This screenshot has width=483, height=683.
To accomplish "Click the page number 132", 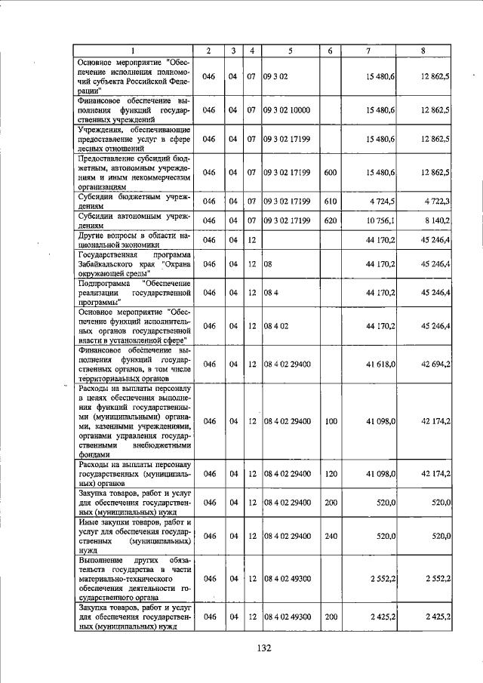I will coord(263,647).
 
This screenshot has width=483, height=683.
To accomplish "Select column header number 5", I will coord(290,51).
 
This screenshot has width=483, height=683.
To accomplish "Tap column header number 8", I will coord(423,51).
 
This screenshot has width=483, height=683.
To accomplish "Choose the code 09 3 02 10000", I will coord(287,110).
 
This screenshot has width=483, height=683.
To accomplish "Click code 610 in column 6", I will coord(330,201).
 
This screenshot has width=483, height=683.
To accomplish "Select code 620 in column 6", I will coord(330,220).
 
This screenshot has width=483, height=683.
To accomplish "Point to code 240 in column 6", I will coord(330,535).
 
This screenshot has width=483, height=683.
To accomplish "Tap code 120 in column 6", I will coord(330,473).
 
